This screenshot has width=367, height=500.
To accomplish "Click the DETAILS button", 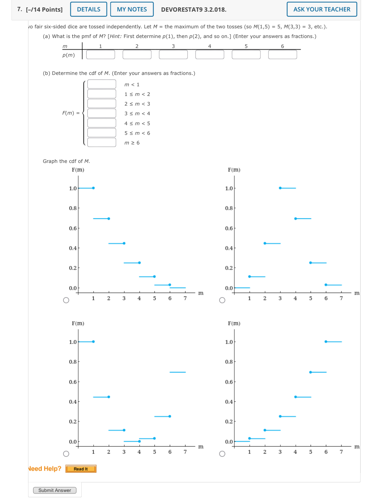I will (88, 9).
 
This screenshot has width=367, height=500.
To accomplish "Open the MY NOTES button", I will (132, 9).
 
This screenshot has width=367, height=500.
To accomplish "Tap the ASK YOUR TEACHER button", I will (321, 9).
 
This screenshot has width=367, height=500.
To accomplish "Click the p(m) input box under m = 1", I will (100, 55).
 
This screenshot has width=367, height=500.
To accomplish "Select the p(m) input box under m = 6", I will (282, 55).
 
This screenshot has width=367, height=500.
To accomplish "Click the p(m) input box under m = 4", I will (210, 55).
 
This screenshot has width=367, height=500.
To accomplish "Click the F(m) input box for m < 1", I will (102, 84).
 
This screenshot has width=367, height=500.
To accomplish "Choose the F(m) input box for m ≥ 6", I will (102, 142).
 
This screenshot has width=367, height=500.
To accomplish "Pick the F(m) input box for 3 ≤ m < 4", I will (102, 113).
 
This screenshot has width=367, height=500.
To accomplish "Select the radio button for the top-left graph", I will (66, 300).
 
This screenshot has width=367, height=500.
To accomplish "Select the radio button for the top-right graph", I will (222, 300).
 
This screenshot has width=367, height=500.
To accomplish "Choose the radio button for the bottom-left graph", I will (66, 454).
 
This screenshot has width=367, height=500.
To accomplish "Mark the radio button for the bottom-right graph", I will (222, 454).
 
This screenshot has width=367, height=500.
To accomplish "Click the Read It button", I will (81, 469).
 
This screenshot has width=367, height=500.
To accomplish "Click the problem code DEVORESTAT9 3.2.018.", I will (193, 10).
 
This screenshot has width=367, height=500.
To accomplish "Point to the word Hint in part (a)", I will (115, 36).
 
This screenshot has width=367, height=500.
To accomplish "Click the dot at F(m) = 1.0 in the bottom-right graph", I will (326, 342).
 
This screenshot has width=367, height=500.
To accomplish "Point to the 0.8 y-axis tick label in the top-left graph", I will (73, 208).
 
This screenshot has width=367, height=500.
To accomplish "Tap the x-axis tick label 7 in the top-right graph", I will (341, 298).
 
